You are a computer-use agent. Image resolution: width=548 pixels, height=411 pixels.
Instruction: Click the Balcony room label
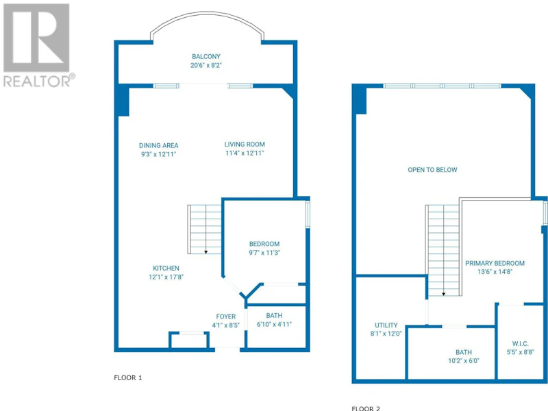tap(206, 56)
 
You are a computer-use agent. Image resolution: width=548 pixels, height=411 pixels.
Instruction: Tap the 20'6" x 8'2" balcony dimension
tap(206, 65)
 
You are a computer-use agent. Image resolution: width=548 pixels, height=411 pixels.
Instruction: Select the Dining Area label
tap(159, 145)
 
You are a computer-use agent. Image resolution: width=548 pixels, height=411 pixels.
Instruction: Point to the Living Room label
tap(245, 144)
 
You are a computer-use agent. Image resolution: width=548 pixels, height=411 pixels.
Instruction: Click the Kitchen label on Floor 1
tap(166, 268)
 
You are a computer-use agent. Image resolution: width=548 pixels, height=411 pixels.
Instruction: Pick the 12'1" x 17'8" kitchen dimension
tap(166, 277)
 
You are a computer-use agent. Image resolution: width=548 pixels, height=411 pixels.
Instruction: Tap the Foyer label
tap(226, 316)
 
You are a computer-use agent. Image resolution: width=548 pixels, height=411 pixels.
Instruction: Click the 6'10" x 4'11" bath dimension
tap(274, 324)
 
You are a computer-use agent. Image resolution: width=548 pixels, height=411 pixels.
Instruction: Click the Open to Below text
tap(432, 170)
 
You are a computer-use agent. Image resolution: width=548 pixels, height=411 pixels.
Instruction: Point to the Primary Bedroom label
tap(495, 263)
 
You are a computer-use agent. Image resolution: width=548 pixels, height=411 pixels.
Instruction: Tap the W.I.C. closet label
tap(521, 344)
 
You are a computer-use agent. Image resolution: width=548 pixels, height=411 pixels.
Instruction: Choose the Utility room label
tap(386, 325)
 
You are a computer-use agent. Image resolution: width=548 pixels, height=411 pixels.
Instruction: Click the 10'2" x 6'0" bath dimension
tap(464, 361)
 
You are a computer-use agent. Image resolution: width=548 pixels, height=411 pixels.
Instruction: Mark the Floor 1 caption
tap(128, 378)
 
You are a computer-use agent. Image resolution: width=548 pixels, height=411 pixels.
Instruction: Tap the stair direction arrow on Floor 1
tap(206, 229)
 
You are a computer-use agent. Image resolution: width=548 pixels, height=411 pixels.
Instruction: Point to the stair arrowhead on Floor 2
tap(443, 295)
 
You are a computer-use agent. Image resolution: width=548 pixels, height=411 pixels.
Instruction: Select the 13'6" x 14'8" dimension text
tap(495, 272)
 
